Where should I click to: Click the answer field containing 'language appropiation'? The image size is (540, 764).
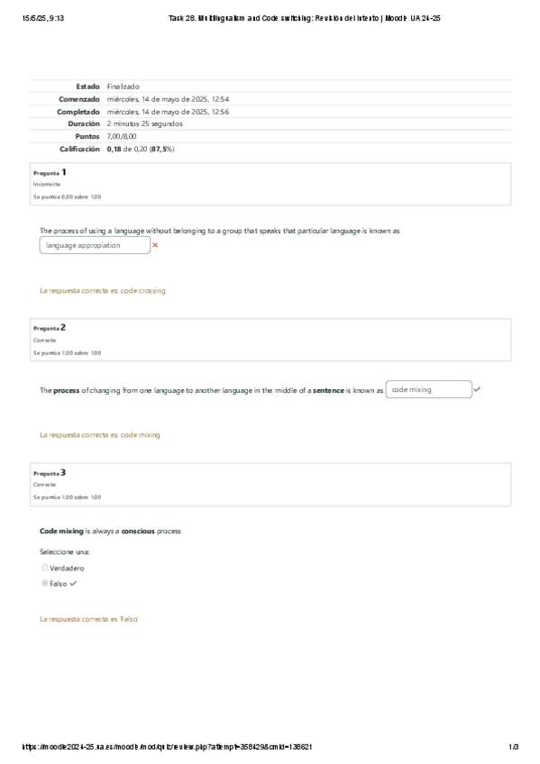point(95,245)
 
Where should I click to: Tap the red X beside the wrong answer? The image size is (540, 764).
point(155,245)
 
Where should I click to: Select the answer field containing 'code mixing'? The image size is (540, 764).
point(427,389)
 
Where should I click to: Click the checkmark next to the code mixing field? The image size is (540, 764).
point(477,389)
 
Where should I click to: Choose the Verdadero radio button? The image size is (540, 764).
point(45,568)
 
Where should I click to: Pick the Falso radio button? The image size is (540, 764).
point(45,583)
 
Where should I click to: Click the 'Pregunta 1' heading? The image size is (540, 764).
point(50,171)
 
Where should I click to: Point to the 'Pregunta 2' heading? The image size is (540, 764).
point(50,328)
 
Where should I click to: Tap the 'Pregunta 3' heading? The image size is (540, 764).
point(50,472)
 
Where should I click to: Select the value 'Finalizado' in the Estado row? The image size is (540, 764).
point(123,86)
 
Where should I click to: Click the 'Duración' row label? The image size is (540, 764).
point(83,123)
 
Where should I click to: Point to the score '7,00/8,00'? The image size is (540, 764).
point(122,136)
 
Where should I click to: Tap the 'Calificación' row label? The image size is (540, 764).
point(79,149)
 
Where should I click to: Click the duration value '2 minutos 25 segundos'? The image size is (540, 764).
point(144,123)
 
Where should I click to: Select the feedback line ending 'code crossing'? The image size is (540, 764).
point(103,291)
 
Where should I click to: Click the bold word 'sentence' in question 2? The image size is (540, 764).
point(328,390)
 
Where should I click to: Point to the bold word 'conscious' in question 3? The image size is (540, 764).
point(138,532)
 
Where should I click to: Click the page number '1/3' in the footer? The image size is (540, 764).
point(514,747)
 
